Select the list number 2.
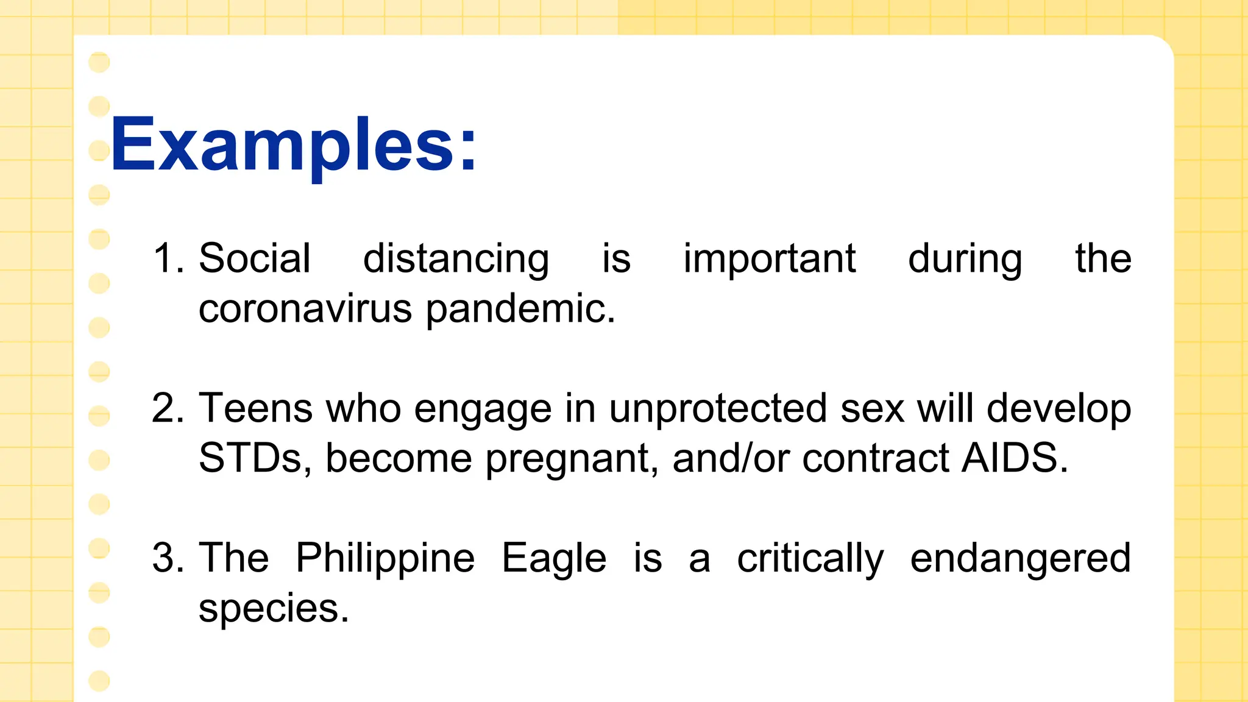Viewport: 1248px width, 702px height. (x=167, y=408)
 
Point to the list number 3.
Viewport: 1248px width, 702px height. (x=167, y=558)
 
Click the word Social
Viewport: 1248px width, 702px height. (x=255, y=258)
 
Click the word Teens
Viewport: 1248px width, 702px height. (x=256, y=408)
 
